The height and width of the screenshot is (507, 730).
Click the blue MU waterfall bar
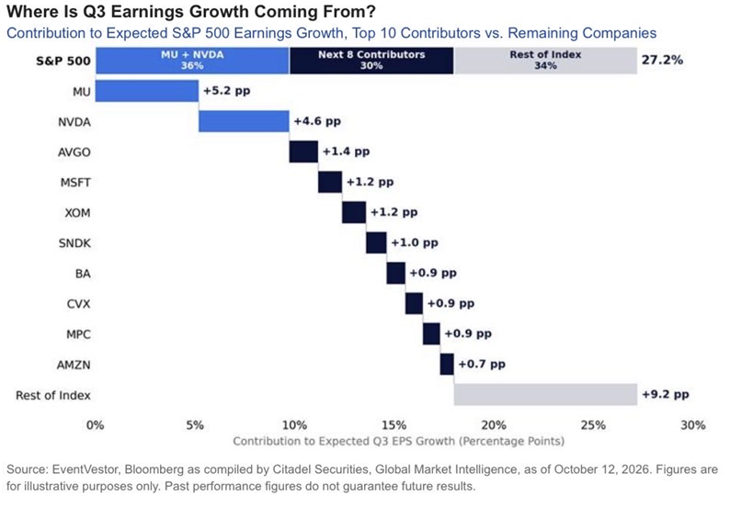(147, 91)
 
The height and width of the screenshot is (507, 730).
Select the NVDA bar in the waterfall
(244, 121)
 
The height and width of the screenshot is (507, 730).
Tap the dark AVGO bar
(303, 152)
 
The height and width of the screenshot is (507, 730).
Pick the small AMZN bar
(447, 365)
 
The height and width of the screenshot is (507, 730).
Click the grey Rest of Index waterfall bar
(545, 394)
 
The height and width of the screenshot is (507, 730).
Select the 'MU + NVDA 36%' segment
(192, 61)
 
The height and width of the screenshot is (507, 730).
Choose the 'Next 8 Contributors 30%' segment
(371, 61)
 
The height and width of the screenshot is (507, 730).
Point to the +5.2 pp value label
(227, 91)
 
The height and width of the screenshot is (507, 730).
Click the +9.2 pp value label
(666, 395)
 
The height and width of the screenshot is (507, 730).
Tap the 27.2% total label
(663, 60)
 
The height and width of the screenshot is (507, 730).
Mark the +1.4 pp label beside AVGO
(346, 152)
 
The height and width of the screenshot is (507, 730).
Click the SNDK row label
(74, 243)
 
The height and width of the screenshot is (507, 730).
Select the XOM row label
(78, 213)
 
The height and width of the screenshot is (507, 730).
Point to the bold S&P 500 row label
(63, 61)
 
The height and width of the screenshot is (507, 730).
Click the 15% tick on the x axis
(394, 425)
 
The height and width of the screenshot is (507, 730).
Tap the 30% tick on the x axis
(692, 425)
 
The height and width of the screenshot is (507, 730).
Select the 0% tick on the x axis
(96, 425)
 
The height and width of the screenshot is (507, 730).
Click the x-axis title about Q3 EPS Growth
(398, 441)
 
